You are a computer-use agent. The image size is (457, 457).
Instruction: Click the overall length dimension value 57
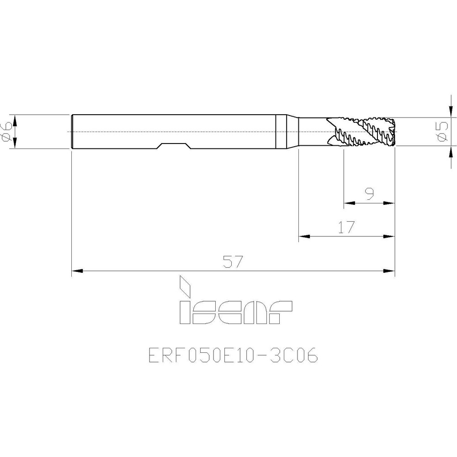233,262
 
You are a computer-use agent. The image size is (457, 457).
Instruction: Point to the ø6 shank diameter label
6,132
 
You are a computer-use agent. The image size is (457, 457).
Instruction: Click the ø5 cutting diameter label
441,132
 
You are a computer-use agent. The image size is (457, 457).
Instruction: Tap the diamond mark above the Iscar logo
185,285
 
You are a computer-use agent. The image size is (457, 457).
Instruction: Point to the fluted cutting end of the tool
361,132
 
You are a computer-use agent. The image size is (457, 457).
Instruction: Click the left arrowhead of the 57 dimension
77,272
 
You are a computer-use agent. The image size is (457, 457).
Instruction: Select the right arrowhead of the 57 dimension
389,272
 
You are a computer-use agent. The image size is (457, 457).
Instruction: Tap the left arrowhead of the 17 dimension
304,237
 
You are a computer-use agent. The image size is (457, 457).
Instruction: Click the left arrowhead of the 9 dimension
349,203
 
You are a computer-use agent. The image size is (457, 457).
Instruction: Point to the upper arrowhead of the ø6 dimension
15,120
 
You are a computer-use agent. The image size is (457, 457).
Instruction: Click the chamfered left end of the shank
73,132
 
